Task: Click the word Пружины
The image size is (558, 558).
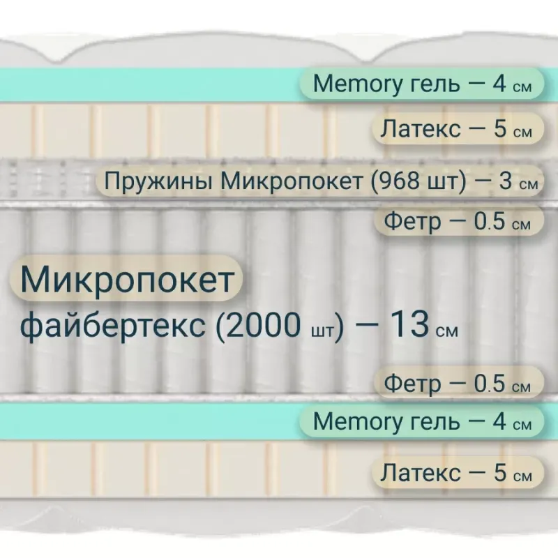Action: coord(158,181)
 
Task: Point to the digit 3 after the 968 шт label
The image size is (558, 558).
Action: coord(505,181)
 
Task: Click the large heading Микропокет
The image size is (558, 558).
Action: coord(127,278)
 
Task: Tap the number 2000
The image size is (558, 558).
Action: coord(263,324)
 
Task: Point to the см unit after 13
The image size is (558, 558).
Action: coord(446,331)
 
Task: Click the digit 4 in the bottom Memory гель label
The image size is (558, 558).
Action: coord(499,421)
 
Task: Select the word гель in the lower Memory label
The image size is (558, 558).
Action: coord(435,423)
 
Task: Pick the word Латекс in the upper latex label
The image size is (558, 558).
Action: coord(420,129)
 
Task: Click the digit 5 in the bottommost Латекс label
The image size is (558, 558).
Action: coord(499,473)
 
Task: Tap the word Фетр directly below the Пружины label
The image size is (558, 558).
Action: coord(412,222)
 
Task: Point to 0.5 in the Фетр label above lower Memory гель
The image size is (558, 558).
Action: coord(489,383)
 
